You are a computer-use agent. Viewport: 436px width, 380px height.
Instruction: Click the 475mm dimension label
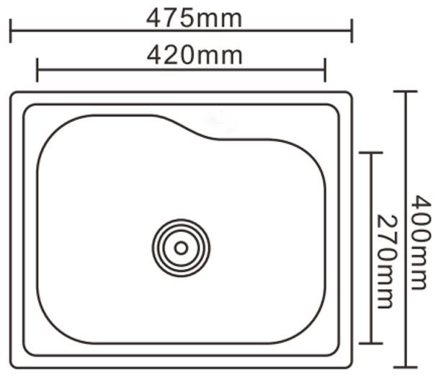pyautogui.click(x=194, y=19)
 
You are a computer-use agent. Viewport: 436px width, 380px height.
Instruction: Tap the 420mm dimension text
pyautogui.click(x=195, y=56)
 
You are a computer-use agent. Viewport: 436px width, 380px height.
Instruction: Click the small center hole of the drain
pyautogui.click(x=181, y=248)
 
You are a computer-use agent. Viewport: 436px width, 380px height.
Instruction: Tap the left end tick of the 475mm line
pyautogui.click(x=11, y=31)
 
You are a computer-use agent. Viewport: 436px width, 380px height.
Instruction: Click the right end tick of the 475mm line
pyautogui.click(x=352, y=31)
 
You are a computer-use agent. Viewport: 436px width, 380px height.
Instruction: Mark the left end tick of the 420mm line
pyautogui.click(x=37, y=70)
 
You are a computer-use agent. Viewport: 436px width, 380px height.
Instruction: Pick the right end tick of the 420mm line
pyautogui.click(x=325, y=70)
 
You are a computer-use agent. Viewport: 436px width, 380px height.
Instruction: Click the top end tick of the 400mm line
pyautogui.click(x=406, y=92)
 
